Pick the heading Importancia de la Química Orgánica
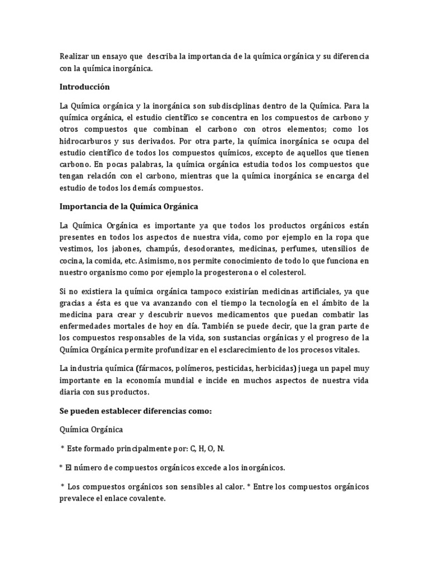coord(129,206)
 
